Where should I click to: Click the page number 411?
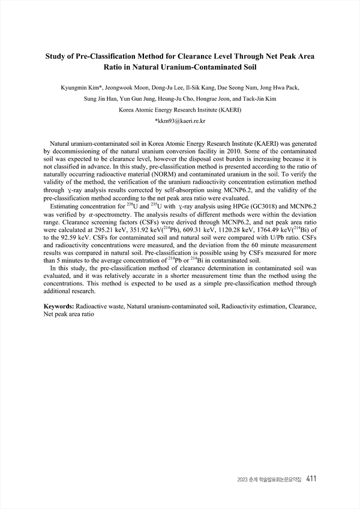pos(311,478)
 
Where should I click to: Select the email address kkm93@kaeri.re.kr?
pos(181,121)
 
